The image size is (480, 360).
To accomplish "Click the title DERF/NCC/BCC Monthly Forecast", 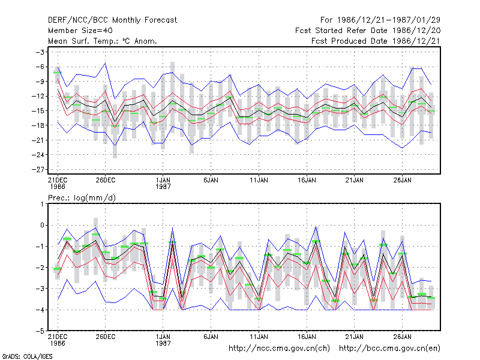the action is coord(112,20).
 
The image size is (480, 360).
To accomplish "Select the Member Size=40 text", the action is coord(80,31).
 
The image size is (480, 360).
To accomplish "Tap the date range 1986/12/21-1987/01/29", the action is coord(388,20).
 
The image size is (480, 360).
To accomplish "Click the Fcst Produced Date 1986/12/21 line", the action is coord(376,41).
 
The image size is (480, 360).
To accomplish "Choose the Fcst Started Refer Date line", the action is coord(368,31).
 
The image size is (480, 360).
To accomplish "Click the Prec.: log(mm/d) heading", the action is coord(82,198).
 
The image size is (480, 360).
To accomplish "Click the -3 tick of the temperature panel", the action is coord(40,52).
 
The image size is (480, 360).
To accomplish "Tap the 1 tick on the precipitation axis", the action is coord(42,204).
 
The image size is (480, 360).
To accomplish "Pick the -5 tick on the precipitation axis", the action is coord(40,331).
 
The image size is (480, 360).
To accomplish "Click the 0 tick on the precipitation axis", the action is coord(42,225).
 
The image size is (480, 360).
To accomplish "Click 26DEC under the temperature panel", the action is coord(106,180).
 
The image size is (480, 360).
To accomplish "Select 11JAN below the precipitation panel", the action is coord(259,337).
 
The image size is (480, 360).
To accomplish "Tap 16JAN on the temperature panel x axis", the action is coord(307,180).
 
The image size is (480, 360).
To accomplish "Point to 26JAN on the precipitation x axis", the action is coord(402,337).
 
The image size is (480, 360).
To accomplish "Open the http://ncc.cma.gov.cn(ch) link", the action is coord(279,349).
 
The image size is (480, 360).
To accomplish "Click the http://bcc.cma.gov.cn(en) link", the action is coord(389,349).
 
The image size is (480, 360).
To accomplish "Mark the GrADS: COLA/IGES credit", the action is coord(27,356).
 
